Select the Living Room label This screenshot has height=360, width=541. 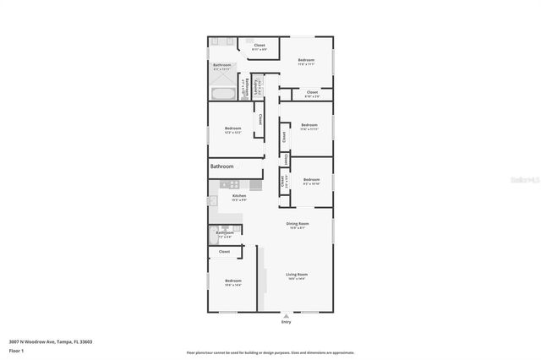point(296,275)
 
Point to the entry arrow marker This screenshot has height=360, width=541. point(285,315)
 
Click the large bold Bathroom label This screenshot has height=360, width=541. point(221,166)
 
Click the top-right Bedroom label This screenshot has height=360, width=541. point(306,61)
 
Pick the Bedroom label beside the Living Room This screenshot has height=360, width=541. point(233,282)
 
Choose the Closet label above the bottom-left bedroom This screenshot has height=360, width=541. point(225,251)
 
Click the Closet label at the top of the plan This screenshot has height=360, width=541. point(260,46)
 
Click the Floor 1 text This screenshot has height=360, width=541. point(16,350)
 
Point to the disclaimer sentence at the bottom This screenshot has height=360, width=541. point(270,352)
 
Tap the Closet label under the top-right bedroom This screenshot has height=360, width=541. point(312,92)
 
